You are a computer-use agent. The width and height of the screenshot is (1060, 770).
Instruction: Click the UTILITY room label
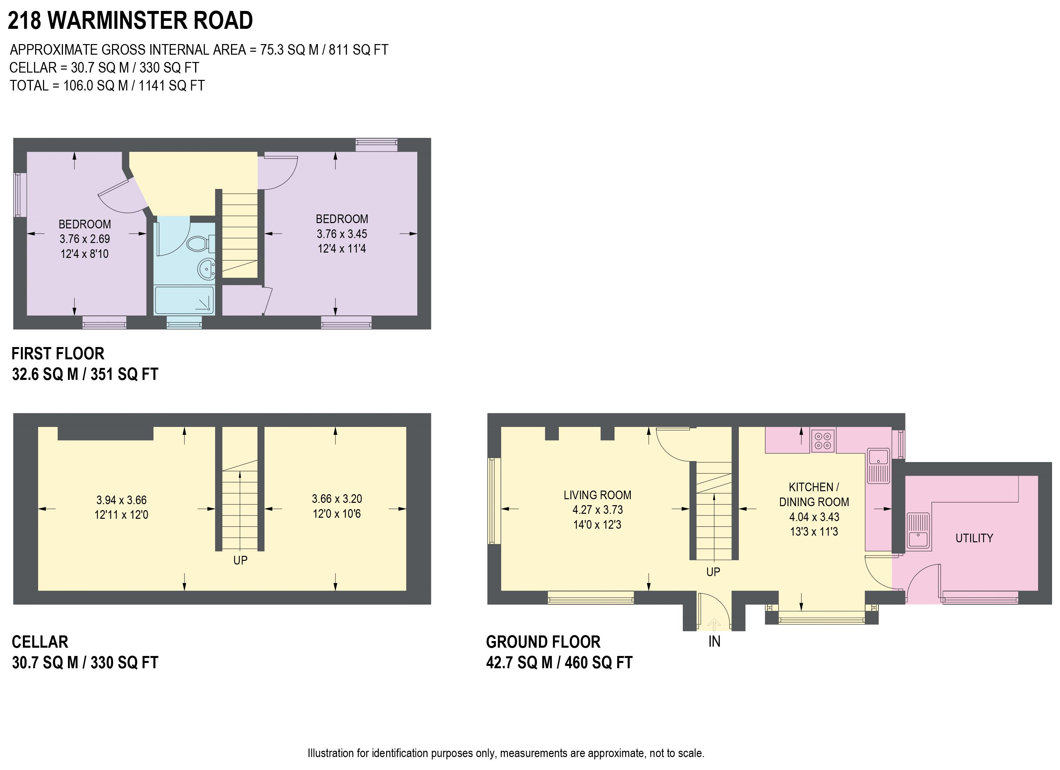click(x=974, y=538)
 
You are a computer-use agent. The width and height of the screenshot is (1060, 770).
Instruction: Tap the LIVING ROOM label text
click(x=597, y=495)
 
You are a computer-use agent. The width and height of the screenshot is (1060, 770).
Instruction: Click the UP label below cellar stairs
click(x=240, y=560)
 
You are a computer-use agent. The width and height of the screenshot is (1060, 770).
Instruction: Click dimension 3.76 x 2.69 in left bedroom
click(x=85, y=239)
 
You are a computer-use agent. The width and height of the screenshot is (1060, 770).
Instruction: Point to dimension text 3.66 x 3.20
click(x=336, y=499)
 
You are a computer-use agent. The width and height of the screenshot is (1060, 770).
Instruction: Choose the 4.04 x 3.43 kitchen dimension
click(x=814, y=517)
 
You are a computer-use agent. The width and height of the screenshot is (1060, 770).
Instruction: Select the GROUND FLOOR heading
click(x=543, y=642)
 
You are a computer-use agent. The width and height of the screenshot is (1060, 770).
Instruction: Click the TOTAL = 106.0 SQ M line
click(x=107, y=86)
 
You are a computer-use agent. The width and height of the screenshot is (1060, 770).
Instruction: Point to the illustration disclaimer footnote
click(x=506, y=753)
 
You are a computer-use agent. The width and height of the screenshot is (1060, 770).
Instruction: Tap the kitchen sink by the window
click(x=878, y=465)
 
